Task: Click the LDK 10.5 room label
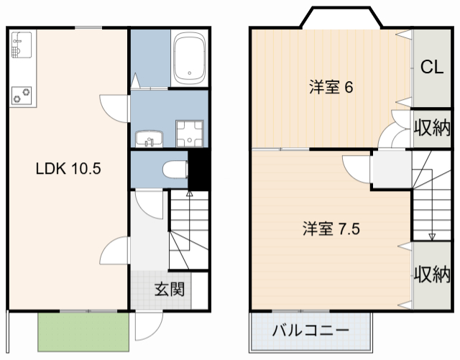coord(68,170)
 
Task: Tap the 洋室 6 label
coord(331,88)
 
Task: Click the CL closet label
coord(431,68)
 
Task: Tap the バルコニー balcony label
coord(310,332)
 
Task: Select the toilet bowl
coord(172,170)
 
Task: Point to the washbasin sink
coord(147,138)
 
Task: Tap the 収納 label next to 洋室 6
coord(431,129)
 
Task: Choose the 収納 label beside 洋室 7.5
coord(431,274)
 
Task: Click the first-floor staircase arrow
coord(190,193)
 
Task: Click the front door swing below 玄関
coord(147,327)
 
